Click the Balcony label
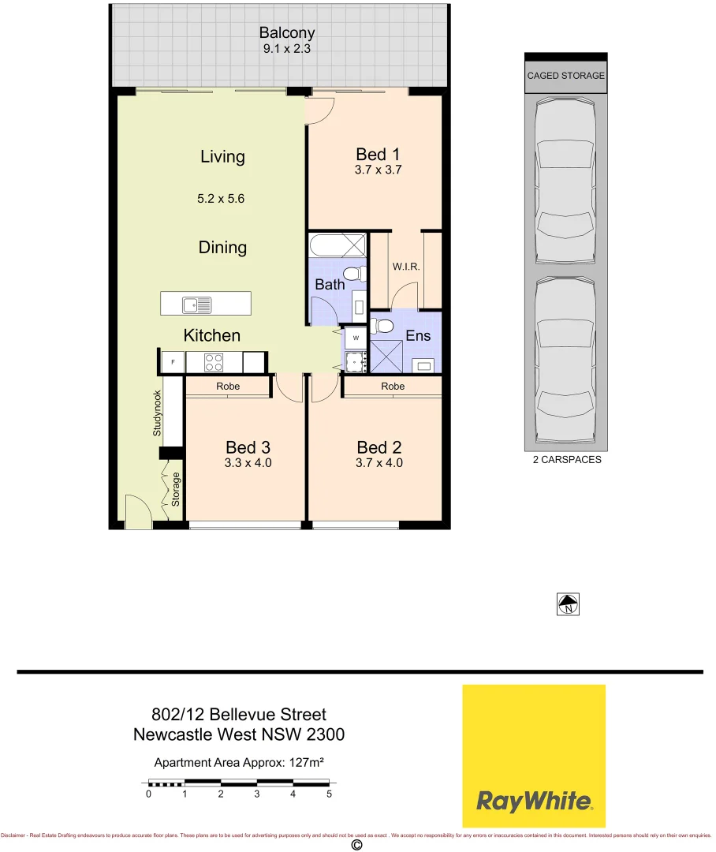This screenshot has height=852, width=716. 287,33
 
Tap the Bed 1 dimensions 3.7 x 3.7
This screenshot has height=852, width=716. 379,170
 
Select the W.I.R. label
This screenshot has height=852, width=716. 406,267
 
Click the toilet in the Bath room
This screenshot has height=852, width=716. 357,274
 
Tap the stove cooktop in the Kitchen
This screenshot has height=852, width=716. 214,362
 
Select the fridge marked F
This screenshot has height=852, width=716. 173,362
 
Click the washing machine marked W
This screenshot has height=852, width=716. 356,338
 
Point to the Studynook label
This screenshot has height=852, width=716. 157,413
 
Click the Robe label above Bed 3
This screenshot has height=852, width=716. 227,387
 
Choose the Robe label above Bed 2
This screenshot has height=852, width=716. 393,387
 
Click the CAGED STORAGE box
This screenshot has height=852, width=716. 565,76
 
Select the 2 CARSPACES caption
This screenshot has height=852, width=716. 566,460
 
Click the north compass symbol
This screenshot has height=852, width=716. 567,605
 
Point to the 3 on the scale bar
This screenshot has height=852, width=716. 257,794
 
